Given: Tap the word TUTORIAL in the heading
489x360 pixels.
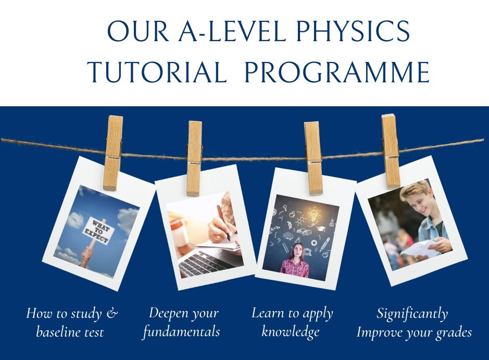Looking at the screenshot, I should [x=156, y=72].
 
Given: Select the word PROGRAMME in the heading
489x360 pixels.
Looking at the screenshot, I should [x=336, y=72].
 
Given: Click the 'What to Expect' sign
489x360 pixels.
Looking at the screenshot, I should [x=97, y=231].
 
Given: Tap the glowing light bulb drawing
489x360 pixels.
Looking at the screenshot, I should [x=314, y=214].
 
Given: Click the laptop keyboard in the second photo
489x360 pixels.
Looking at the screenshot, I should [x=203, y=263].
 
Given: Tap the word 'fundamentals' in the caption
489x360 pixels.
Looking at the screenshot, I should [x=181, y=332].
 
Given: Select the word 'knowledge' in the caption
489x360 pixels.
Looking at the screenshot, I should [x=290, y=331].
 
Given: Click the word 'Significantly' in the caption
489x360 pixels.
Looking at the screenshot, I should [x=412, y=314].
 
